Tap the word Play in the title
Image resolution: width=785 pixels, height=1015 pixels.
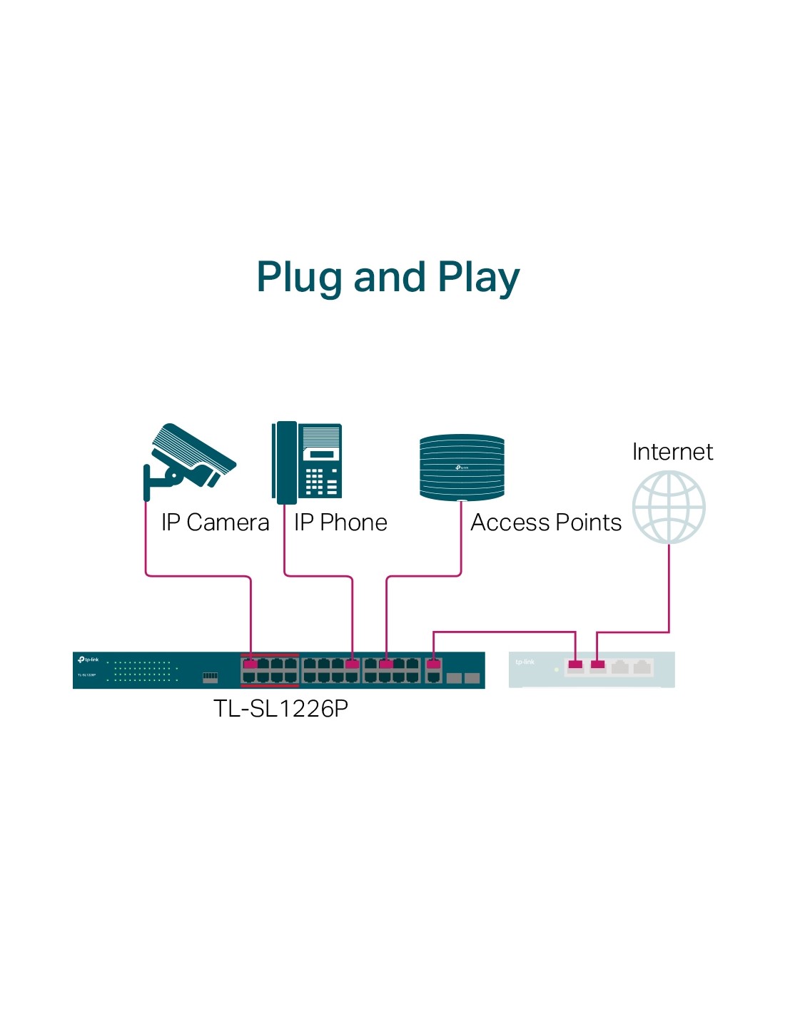point(479,278)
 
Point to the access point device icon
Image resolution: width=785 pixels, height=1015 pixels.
point(462,467)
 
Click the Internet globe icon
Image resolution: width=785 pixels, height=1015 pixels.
point(669,507)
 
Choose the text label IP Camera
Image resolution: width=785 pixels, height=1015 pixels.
point(215,522)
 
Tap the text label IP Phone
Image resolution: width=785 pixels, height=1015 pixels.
point(340,522)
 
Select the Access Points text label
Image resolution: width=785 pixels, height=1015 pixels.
point(546,522)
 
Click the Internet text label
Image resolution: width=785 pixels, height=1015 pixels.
point(672,452)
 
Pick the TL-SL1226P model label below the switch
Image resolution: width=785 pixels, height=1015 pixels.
point(280,708)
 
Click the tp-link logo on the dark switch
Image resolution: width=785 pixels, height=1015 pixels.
point(88,660)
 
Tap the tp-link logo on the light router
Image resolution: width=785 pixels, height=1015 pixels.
point(525,662)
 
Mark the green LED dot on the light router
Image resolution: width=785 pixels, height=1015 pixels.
point(557,670)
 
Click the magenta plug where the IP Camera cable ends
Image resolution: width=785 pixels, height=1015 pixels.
point(250,665)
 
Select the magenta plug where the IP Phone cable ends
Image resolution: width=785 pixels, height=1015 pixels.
point(352,665)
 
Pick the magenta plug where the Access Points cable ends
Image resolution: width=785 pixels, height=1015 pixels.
point(386,665)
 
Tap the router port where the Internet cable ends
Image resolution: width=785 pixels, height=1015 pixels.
point(598,666)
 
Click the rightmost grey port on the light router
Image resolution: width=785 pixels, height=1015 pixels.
point(642,667)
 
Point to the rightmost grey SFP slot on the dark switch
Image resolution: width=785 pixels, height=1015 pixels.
point(472,677)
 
